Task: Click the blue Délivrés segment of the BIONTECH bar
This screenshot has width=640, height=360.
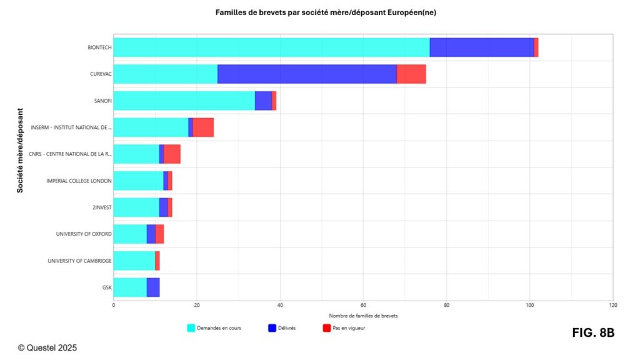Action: tap(482, 47)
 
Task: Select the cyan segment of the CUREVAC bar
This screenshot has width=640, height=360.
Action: tap(166, 74)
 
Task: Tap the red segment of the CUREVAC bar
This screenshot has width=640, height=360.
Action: tap(411, 74)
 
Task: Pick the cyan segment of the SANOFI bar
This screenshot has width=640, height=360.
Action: tap(184, 101)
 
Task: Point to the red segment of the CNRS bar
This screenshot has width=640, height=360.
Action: tap(172, 154)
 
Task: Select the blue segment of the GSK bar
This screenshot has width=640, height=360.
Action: tap(153, 287)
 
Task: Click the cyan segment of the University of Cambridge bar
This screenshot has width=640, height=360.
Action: tap(134, 261)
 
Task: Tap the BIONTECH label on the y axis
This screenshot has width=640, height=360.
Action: tap(100, 47)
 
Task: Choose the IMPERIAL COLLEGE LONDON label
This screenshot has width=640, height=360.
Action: tap(79, 181)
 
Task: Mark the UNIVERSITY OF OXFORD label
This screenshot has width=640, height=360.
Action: tap(84, 234)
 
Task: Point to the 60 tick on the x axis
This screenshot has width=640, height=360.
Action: tap(363, 306)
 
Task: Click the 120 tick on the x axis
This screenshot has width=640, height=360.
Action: tap(612, 306)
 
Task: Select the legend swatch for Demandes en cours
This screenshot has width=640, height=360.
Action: tap(191, 327)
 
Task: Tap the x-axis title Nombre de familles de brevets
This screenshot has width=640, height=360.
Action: tap(363, 316)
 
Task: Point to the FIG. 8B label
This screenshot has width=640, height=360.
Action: tap(593, 333)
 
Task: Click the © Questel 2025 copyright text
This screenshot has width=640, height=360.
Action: tap(47, 347)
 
